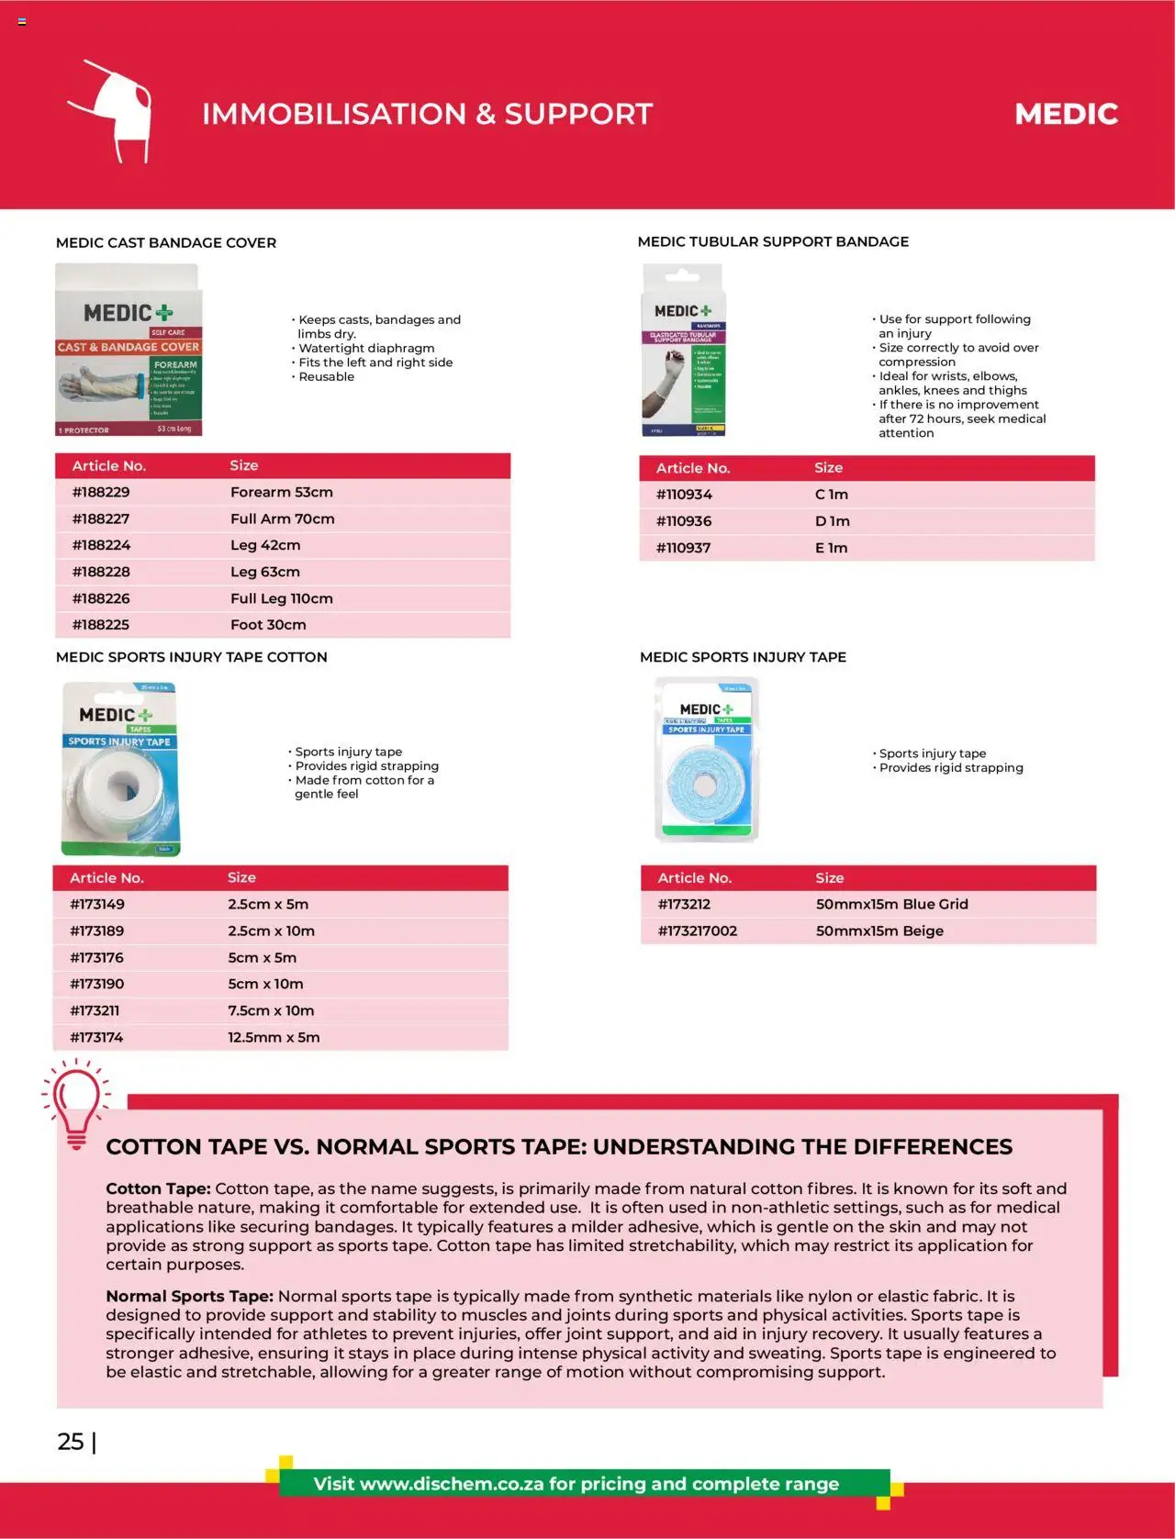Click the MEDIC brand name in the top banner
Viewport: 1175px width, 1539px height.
(1066, 114)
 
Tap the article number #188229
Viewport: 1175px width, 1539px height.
(101, 492)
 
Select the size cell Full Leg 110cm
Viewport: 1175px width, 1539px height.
(281, 598)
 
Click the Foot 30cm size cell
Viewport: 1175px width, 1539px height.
(268, 625)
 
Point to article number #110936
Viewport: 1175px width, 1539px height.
(684, 521)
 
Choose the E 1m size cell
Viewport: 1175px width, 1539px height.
(831, 548)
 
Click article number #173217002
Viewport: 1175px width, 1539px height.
(697, 931)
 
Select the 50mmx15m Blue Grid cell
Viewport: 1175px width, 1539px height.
(891, 904)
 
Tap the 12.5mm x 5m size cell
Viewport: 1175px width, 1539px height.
(274, 1037)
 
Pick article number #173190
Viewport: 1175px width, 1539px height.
(96, 984)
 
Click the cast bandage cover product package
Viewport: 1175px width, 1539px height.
(129, 350)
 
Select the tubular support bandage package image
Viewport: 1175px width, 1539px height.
(682, 350)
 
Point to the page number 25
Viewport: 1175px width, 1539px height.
(71, 1442)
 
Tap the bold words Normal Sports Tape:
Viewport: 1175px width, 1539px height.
(189, 1296)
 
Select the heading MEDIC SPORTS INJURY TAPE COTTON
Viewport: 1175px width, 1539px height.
(191, 657)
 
